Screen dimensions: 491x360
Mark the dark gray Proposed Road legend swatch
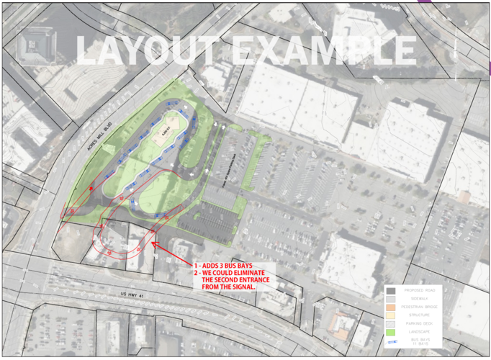[x=391, y=291]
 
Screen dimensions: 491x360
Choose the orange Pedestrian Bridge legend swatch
[x=391, y=307]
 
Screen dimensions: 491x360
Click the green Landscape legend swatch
[x=391, y=332]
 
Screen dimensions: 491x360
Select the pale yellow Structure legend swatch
[x=391, y=315]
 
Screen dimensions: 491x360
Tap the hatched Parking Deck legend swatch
[x=391, y=324]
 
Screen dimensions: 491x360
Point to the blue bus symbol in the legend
[x=391, y=343]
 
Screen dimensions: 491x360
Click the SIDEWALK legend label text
[x=421, y=299]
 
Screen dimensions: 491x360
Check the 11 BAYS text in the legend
[x=421, y=344]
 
